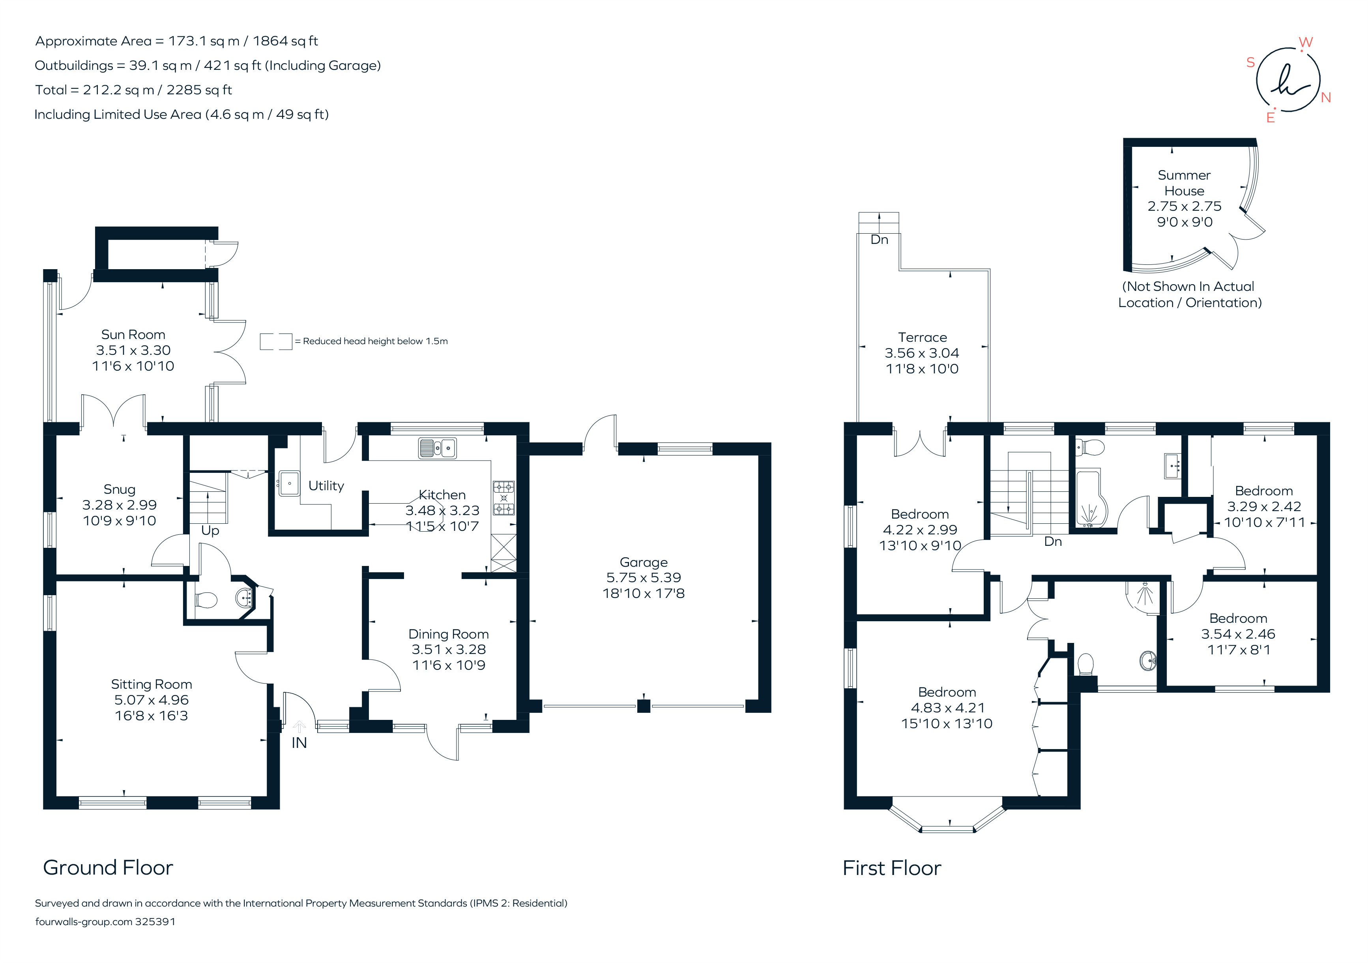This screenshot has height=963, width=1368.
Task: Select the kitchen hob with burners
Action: pyautogui.click(x=503, y=498)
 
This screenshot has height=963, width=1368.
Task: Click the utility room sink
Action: pyautogui.click(x=289, y=483)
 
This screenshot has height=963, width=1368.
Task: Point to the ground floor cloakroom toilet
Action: pyautogui.click(x=206, y=600)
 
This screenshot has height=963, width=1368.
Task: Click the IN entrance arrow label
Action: pyautogui.click(x=299, y=742)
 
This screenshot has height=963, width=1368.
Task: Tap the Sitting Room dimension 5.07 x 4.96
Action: pyautogui.click(x=152, y=700)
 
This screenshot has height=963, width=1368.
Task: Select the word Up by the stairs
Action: pyautogui.click(x=210, y=530)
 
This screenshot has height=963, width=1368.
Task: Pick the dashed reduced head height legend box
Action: pyautogui.click(x=276, y=341)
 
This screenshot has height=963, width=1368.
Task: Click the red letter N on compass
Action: pyautogui.click(x=1326, y=98)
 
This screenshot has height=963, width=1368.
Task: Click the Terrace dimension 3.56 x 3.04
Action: pyautogui.click(x=922, y=353)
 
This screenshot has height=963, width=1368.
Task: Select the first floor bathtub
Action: pyautogui.click(x=1091, y=499)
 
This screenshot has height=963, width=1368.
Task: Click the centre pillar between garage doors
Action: pyautogui.click(x=644, y=706)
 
